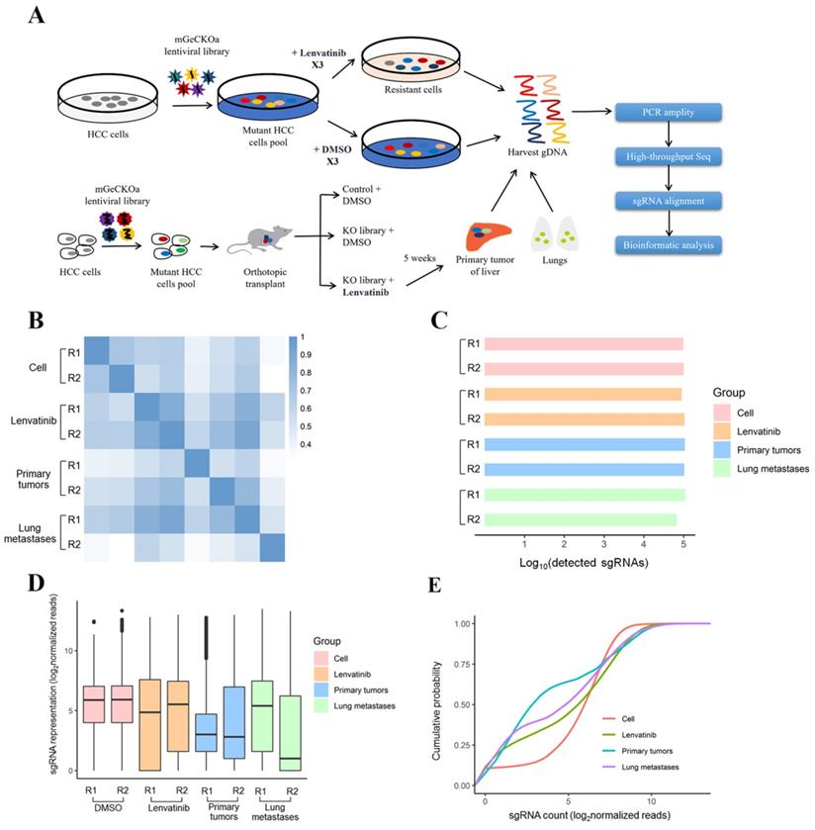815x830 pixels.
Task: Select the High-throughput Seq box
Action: (x=669, y=155)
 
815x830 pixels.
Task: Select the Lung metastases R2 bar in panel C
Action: (x=581, y=518)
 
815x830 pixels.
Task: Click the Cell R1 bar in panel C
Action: (x=583, y=344)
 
